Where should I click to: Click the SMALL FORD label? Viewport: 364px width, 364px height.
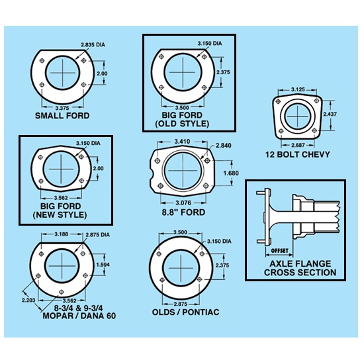click(62, 116)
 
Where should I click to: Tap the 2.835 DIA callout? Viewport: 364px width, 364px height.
click(93, 44)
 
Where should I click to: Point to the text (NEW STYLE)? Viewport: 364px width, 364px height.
click(59, 215)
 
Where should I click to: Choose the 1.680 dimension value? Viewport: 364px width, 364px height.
click(230, 173)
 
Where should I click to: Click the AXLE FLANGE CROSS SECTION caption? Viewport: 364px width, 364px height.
click(300, 267)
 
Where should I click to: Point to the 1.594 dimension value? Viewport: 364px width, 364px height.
click(103, 265)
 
